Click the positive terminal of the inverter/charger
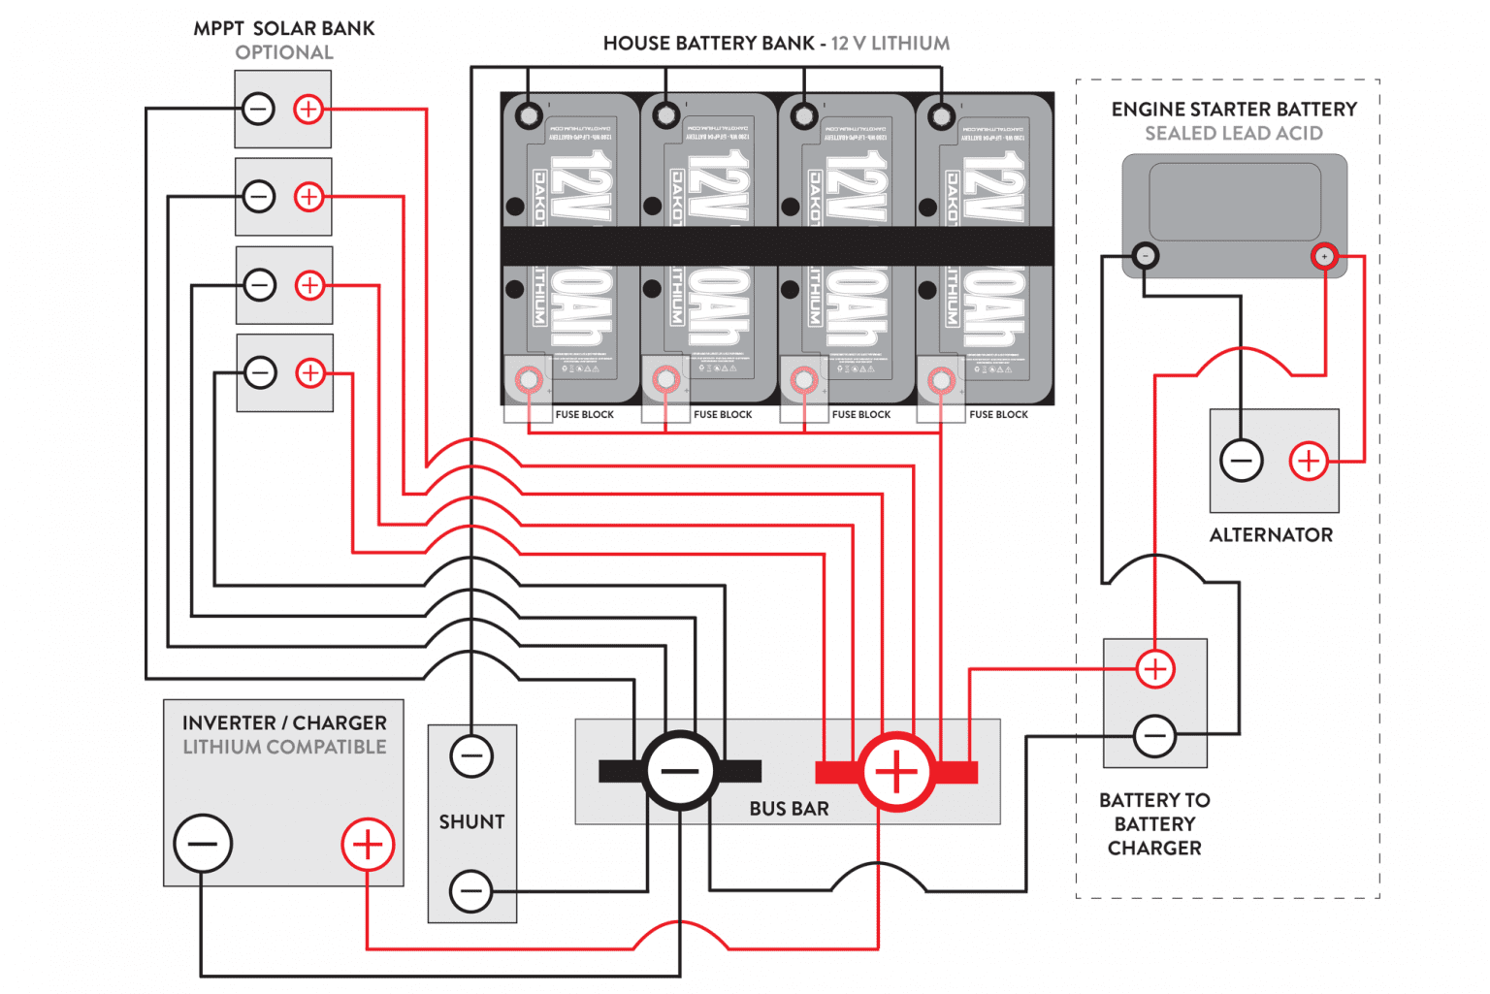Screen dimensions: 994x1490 click(x=368, y=845)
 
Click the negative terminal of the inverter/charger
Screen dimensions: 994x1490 click(x=203, y=843)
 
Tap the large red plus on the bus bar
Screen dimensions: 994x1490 click(x=896, y=772)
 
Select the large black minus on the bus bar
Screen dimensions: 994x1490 click(x=681, y=771)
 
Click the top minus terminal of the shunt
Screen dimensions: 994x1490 click(x=471, y=755)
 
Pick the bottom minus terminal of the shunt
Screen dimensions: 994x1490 click(x=471, y=890)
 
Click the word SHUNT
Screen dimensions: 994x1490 click(x=471, y=821)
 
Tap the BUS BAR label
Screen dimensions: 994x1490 click(x=789, y=809)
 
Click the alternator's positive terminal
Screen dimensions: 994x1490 click(x=1308, y=461)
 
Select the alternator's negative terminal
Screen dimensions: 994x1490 click(x=1242, y=461)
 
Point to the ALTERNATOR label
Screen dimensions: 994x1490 click(x=1271, y=535)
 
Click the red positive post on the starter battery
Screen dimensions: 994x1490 click(x=1324, y=257)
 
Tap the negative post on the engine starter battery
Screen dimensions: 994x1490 click(x=1146, y=256)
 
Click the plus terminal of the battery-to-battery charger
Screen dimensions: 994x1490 click(x=1155, y=669)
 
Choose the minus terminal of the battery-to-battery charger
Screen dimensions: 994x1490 click(x=1155, y=736)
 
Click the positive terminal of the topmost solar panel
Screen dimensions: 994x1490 click(x=308, y=109)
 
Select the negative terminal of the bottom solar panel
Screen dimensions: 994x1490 click(x=260, y=372)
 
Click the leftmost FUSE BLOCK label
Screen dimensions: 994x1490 click(x=584, y=415)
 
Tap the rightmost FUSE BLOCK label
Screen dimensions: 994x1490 click(x=998, y=415)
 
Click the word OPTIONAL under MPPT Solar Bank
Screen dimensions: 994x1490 click(x=284, y=52)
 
